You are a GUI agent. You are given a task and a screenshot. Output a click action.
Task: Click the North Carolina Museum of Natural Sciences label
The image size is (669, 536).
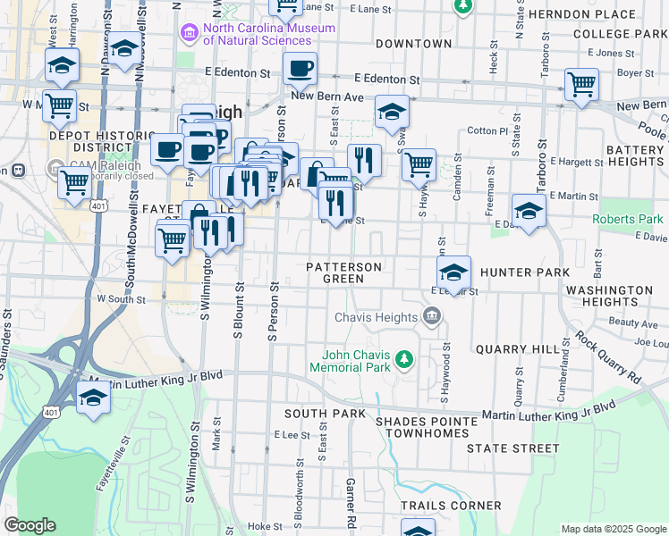[x=268, y=35]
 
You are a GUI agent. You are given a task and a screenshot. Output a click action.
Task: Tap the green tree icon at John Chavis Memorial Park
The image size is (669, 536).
[x=405, y=359]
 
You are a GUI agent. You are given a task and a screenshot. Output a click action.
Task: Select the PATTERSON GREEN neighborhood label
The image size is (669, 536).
[x=343, y=272]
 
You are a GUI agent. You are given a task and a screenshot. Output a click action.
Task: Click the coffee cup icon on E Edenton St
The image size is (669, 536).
[x=300, y=68]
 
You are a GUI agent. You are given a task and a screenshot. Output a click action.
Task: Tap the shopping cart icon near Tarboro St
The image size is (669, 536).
[x=581, y=85]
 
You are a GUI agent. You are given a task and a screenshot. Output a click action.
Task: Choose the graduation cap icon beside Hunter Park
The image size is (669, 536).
[x=453, y=272]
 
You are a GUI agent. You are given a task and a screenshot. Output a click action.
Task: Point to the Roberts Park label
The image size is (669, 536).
[x=627, y=219]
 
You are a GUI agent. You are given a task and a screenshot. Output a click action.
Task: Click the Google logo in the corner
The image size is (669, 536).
[x=30, y=524]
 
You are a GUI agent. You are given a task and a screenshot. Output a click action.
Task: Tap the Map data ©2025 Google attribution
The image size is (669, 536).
[x=613, y=529]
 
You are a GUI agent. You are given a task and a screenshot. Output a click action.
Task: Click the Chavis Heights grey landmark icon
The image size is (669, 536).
[x=432, y=315]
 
